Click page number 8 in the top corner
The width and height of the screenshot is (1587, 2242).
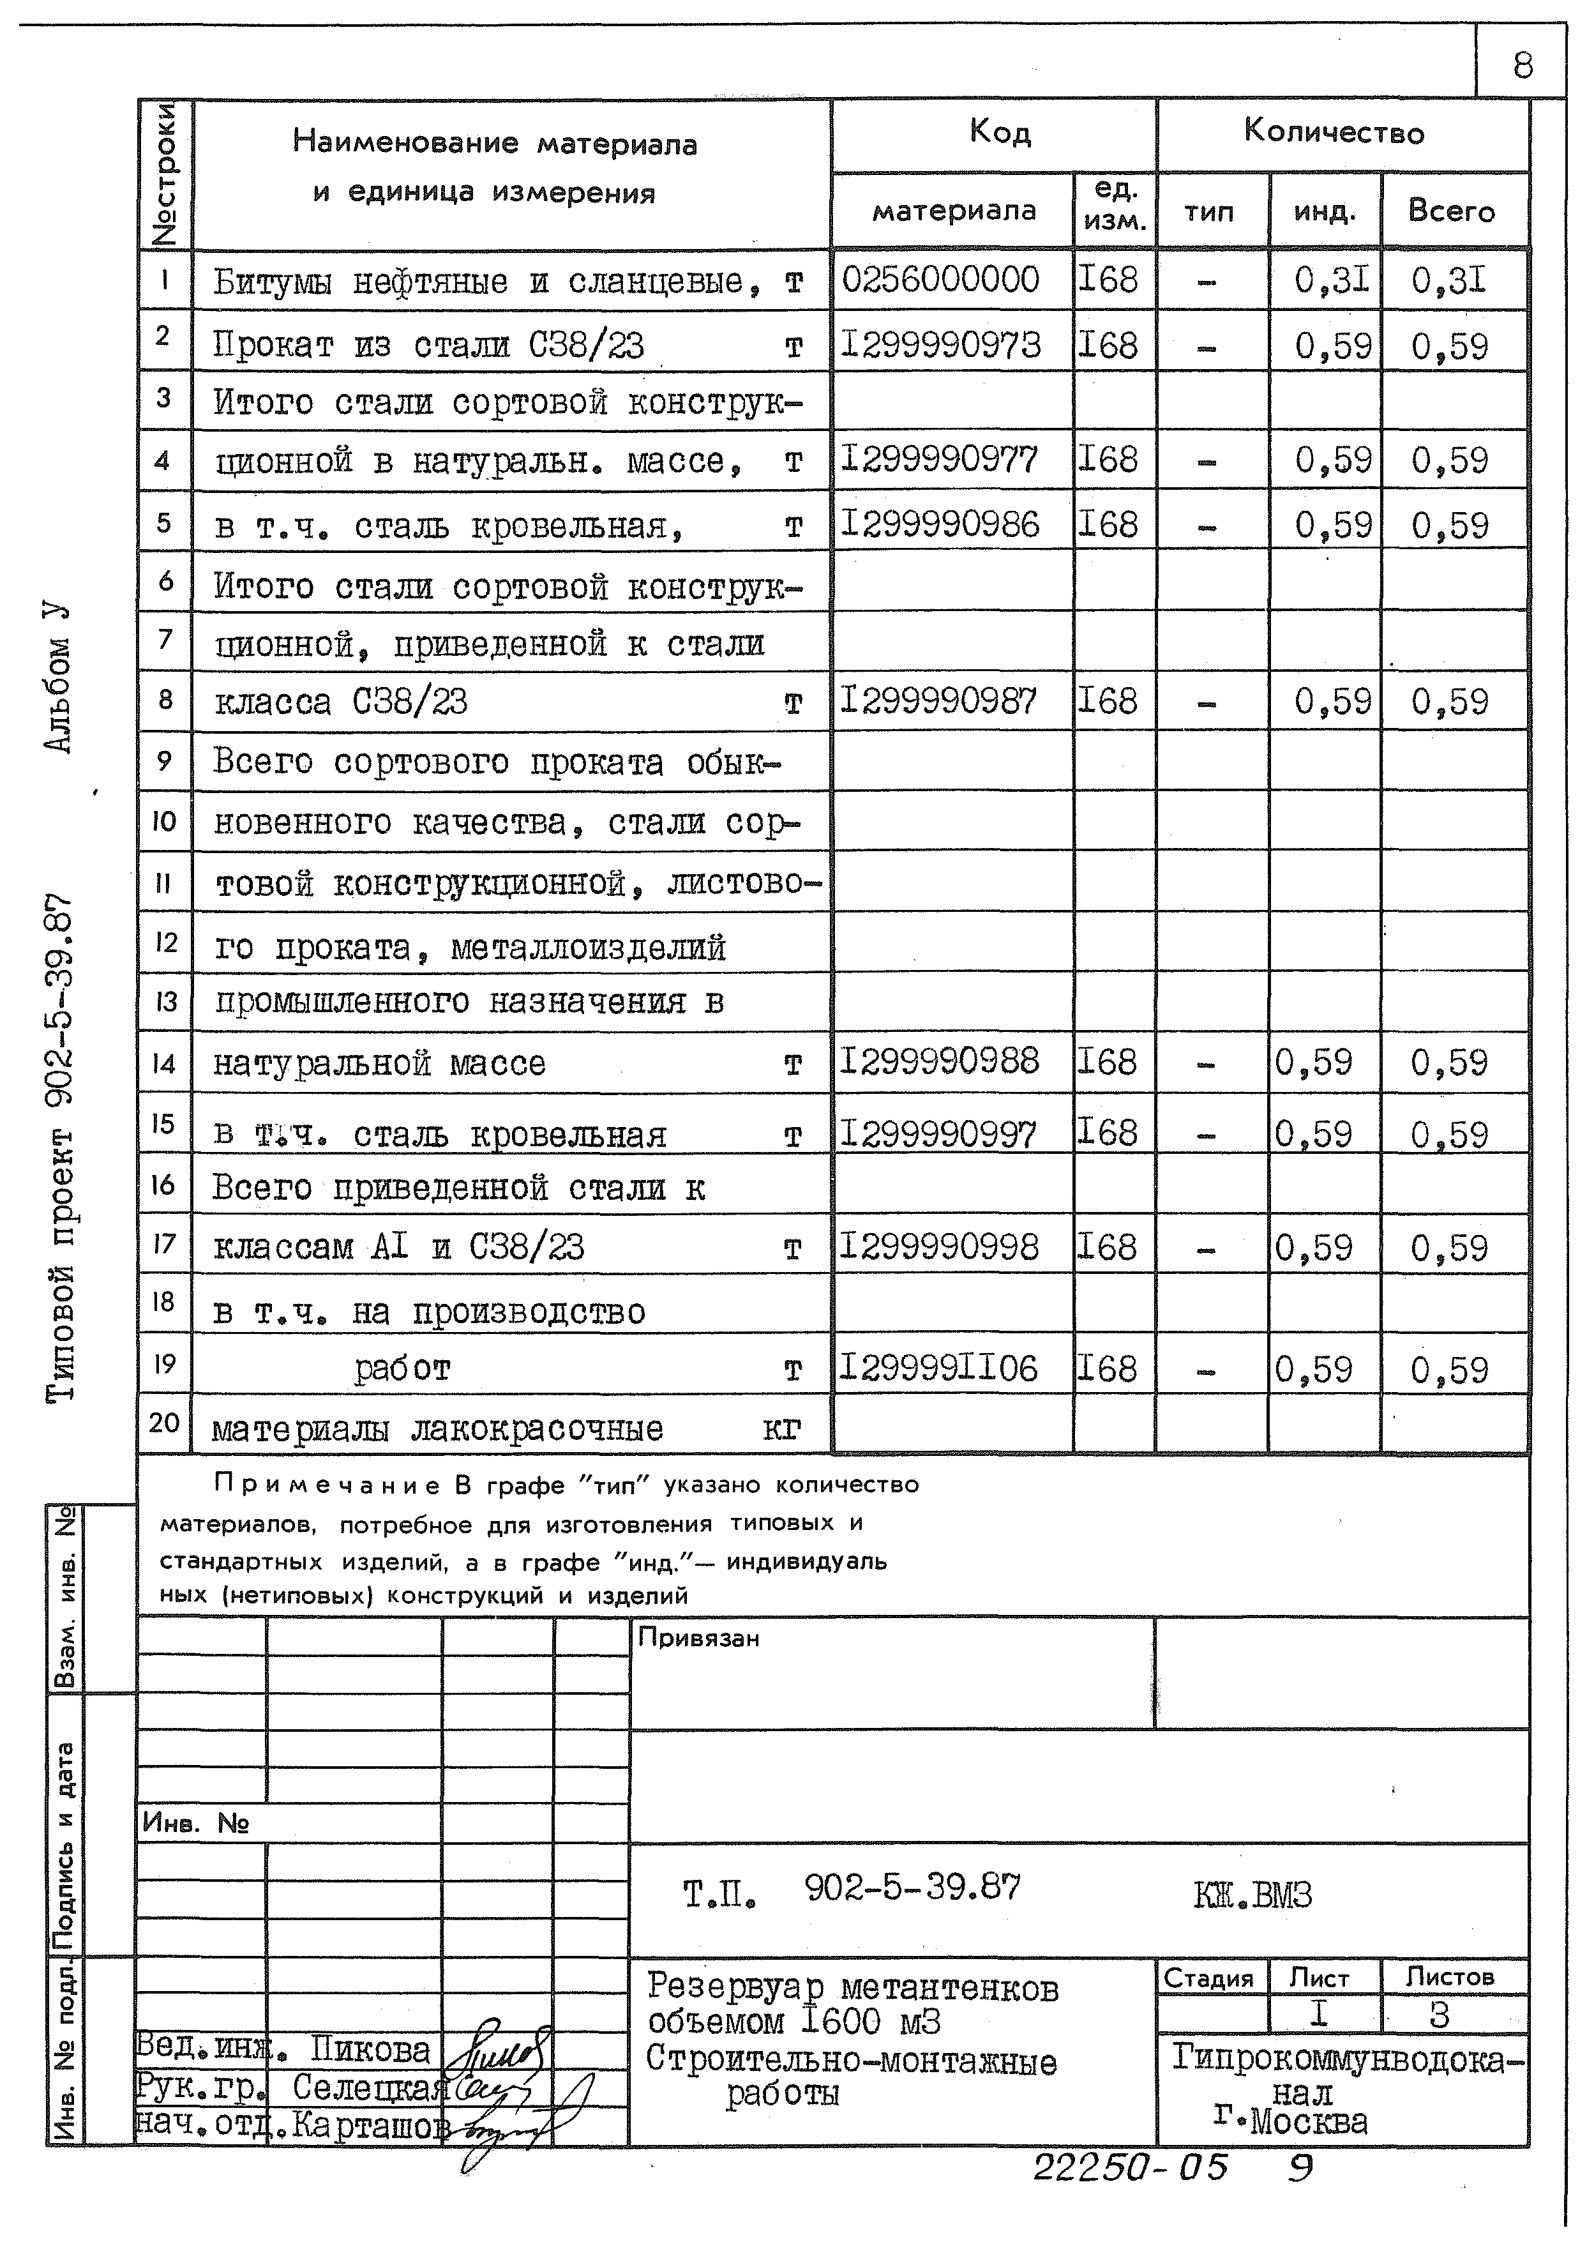[1521, 66]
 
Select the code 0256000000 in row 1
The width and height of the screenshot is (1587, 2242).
[940, 280]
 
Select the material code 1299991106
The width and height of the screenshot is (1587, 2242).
[938, 1368]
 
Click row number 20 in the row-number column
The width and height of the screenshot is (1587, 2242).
[163, 1423]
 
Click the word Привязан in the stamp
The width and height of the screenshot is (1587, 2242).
[698, 1638]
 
